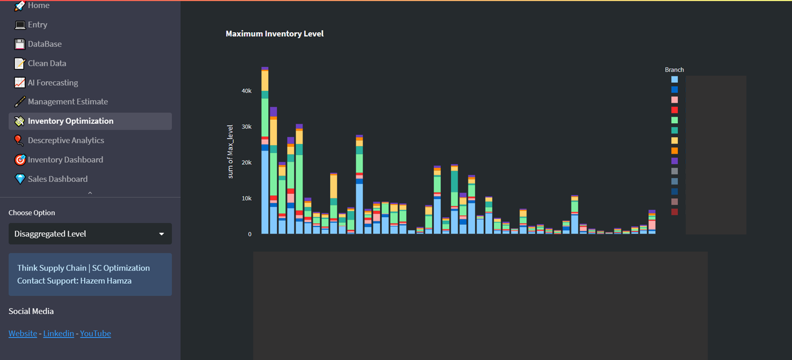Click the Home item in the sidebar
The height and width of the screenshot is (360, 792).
[x=38, y=5]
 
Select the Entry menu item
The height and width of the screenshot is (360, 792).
[x=37, y=25]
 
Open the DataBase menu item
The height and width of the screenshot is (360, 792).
[x=45, y=44]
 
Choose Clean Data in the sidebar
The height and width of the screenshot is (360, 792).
[x=47, y=63]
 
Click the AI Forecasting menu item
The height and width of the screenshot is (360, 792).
[x=53, y=83]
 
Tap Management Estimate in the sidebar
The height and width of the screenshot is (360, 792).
[x=68, y=101]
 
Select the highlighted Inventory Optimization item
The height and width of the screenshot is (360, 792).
[x=70, y=121]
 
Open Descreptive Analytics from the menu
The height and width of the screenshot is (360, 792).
[x=65, y=140]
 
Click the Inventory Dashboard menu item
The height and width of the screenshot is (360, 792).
[x=65, y=159]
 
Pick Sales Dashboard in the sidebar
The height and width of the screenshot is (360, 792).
[x=57, y=179]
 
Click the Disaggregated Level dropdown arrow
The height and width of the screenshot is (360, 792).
[x=162, y=234]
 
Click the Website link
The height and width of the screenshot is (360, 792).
[x=23, y=333]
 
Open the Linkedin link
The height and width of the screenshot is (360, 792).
[x=58, y=333]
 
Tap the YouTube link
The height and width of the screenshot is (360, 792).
[x=96, y=333]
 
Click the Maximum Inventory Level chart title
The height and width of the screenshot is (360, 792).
[x=274, y=34]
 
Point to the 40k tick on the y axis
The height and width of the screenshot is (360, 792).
[x=246, y=91]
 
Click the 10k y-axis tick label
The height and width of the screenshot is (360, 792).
[x=246, y=198]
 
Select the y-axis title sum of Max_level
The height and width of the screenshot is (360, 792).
[x=230, y=151]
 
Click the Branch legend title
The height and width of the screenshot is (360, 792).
[x=674, y=70]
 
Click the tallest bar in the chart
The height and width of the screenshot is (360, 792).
[x=265, y=161]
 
